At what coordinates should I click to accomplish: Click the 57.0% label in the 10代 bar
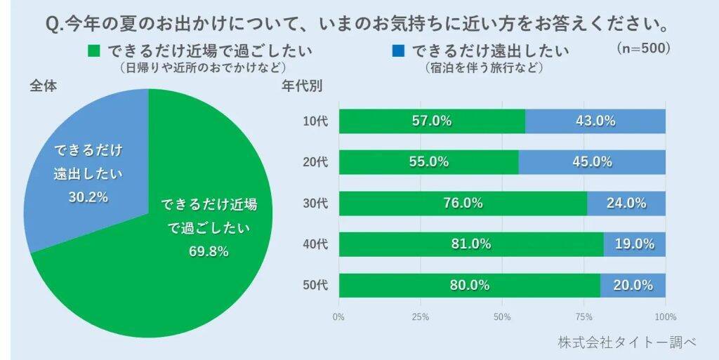[431, 121]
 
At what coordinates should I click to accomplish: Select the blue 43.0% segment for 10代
[595, 121]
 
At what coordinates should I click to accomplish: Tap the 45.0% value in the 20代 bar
[592, 161]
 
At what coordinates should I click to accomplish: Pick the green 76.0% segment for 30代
[462, 203]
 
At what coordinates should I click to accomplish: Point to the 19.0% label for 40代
[635, 244]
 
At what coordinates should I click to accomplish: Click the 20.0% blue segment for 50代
[633, 285]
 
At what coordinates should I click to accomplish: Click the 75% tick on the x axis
[584, 316]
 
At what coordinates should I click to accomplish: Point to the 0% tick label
[338, 316]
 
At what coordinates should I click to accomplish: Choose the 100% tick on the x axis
[665, 316]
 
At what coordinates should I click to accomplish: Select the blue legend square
[398, 51]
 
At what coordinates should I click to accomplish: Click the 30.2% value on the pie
[88, 197]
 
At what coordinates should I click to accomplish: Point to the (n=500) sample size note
[644, 48]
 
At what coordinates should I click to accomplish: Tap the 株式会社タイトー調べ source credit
[627, 342]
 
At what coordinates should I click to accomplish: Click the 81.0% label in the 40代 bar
[470, 244]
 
